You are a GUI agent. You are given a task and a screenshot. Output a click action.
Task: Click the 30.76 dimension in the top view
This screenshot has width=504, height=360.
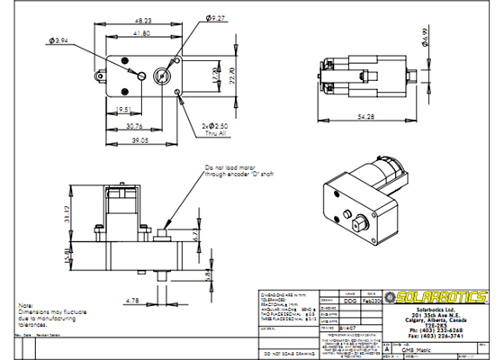pyautogui.click(x=133, y=127)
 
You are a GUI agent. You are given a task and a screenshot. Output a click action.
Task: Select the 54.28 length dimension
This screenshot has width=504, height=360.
pyautogui.click(x=365, y=118)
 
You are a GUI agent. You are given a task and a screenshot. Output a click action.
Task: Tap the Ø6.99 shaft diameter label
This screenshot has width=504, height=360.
pyautogui.click(x=424, y=38)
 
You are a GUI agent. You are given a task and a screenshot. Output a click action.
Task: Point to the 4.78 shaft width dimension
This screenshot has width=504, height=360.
pyautogui.click(x=133, y=301)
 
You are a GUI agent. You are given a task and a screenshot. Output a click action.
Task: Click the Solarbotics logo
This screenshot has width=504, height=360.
pyautogui.click(x=435, y=297)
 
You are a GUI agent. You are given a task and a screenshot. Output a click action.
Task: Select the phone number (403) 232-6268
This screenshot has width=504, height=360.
pyautogui.click(x=435, y=330)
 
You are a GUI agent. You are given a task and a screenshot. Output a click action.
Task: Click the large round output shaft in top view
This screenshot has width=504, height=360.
pyautogui.click(x=164, y=75)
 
